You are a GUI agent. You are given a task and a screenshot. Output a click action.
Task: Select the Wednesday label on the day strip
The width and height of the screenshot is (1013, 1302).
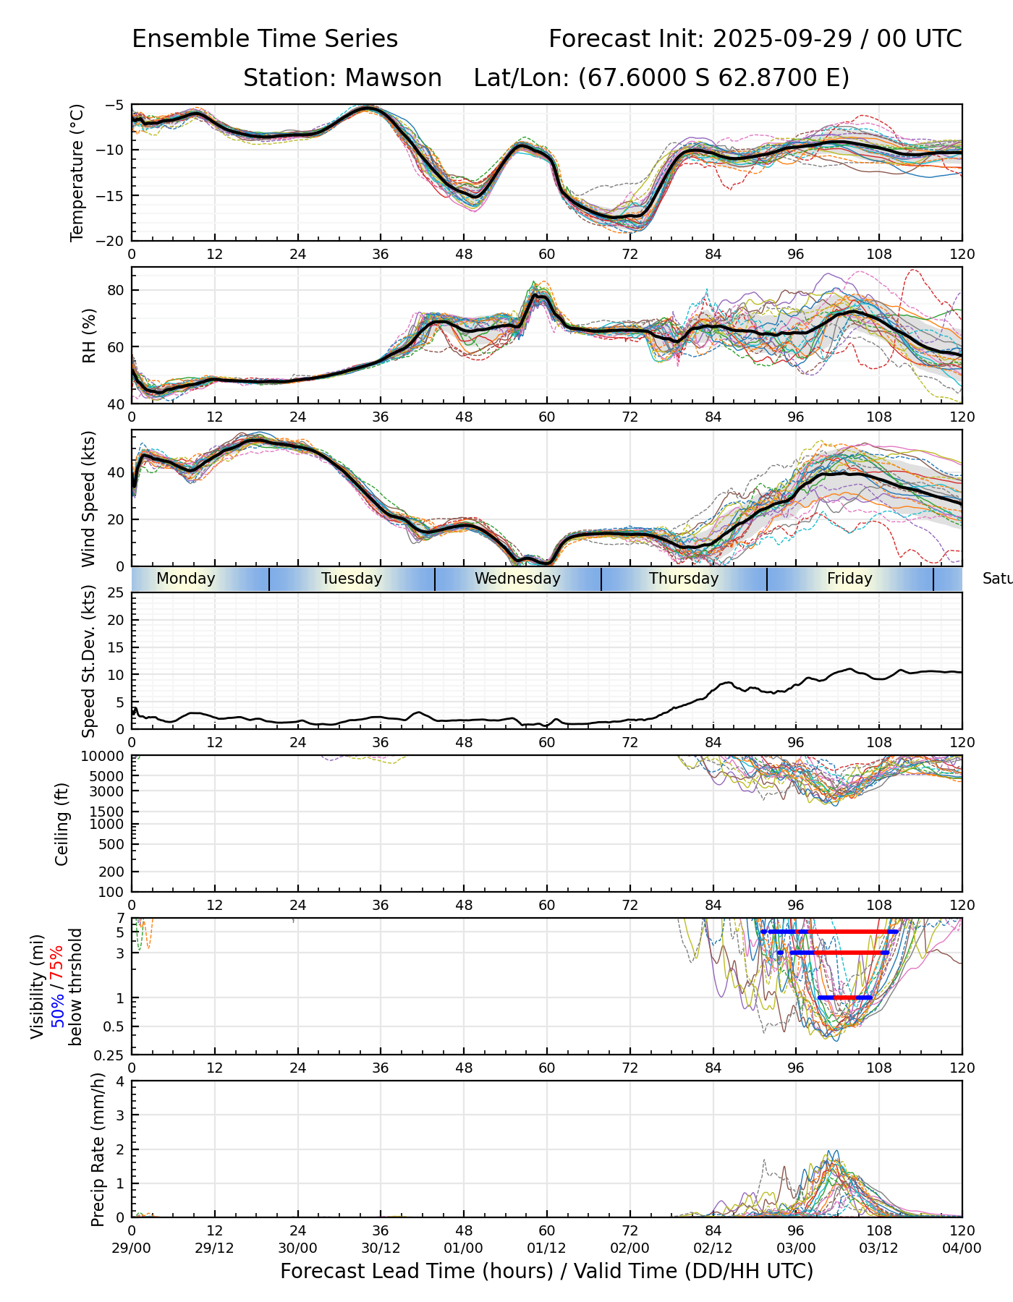(517, 579)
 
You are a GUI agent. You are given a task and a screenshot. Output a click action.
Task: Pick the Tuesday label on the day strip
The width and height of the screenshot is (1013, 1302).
(352, 579)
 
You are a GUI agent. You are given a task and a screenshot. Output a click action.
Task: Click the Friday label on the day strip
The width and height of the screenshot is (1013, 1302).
(849, 579)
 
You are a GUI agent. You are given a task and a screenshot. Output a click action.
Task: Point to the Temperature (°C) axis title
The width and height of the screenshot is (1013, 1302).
(77, 172)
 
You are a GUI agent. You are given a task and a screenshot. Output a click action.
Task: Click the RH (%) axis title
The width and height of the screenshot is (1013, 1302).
(89, 335)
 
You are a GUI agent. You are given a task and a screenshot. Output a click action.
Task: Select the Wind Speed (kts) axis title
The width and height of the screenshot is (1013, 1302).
(89, 498)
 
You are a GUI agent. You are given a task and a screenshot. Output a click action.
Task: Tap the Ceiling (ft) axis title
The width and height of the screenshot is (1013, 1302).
(62, 824)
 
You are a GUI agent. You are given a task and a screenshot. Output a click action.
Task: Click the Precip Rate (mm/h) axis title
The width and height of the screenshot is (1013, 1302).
(98, 1149)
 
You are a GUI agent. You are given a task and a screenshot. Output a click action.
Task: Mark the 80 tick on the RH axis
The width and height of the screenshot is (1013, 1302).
(116, 290)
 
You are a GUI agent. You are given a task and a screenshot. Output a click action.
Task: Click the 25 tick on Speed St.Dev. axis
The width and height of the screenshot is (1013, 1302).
(116, 593)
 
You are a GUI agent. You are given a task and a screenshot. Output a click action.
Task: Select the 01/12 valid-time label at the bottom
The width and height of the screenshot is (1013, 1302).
(546, 1248)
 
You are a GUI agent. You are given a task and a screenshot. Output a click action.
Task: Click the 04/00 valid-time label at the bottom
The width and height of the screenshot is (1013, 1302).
(962, 1248)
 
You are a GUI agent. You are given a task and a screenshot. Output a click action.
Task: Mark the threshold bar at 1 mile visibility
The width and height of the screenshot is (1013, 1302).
(844, 997)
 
